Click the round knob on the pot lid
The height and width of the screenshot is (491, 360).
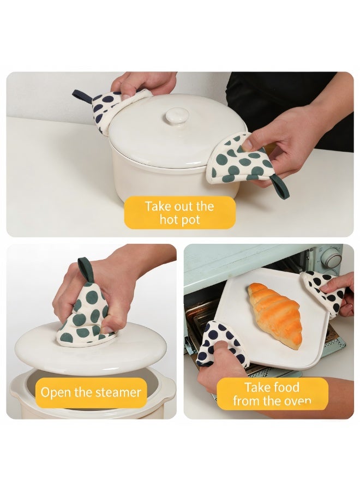point(176,116)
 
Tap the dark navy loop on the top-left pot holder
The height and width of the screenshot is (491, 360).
point(82,96)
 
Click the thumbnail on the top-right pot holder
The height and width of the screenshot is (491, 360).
point(247,145)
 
